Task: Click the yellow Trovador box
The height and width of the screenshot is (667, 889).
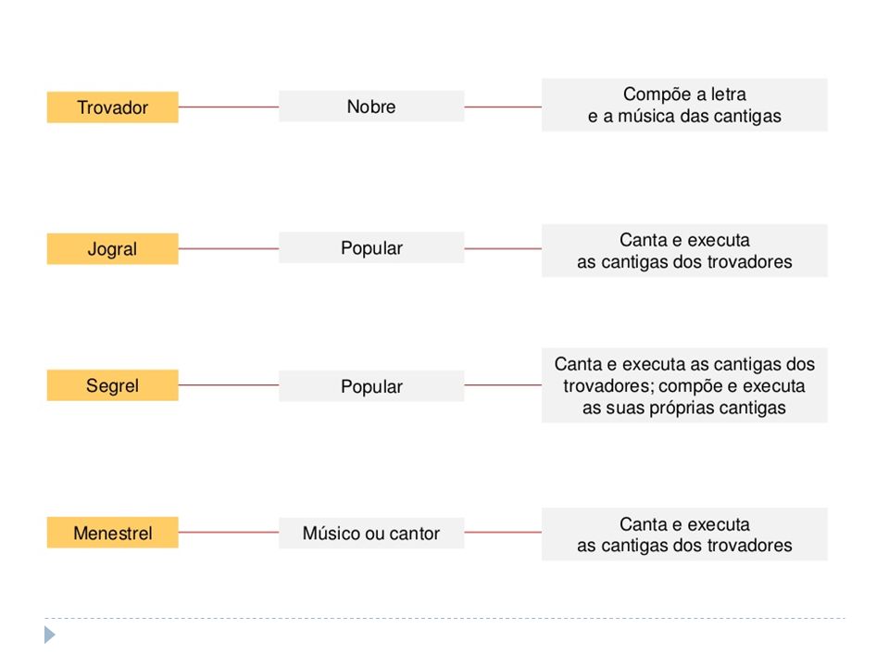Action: pos(112,107)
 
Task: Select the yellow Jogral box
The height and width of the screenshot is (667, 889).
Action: pos(112,248)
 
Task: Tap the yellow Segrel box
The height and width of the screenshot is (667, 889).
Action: pos(112,385)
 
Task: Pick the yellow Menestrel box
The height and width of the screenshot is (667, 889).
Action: pos(112,533)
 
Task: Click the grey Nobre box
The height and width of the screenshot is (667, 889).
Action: pos(371,106)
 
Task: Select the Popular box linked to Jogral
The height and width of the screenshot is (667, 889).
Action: pos(371,247)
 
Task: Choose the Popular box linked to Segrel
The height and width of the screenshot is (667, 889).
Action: pos(371,385)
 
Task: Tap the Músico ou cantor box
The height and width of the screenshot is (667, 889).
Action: pos(371,534)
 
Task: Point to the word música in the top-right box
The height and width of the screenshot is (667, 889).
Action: pos(645,117)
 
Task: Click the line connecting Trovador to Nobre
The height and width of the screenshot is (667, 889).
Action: pos(229,107)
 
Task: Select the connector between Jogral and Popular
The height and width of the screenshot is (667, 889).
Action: pos(229,248)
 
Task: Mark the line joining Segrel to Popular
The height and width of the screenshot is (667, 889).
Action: pos(229,385)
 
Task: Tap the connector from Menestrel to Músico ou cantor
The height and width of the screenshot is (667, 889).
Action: pos(229,532)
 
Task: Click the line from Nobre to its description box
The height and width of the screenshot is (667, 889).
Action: pos(503,107)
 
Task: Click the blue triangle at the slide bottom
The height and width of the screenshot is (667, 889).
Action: pos(50,635)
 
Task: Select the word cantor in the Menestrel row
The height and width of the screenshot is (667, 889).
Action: pos(415,534)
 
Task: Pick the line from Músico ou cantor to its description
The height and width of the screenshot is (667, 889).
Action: pos(503,532)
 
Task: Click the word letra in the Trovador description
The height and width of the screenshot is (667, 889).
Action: pos(729,94)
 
